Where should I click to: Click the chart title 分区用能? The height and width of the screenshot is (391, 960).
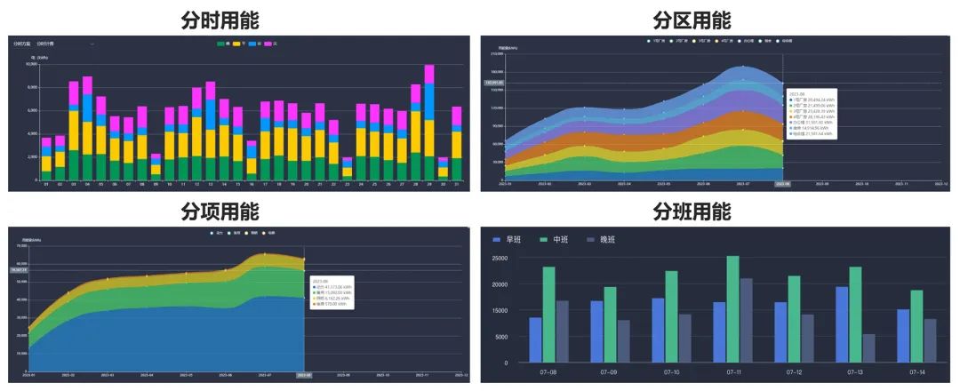[692, 20]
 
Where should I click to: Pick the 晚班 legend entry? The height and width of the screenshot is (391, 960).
[604, 239]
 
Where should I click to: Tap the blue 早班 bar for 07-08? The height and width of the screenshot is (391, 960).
[536, 339]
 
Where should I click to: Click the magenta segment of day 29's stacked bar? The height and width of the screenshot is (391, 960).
[429, 74]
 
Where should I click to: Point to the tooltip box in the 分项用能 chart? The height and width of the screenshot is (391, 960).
[331, 292]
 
